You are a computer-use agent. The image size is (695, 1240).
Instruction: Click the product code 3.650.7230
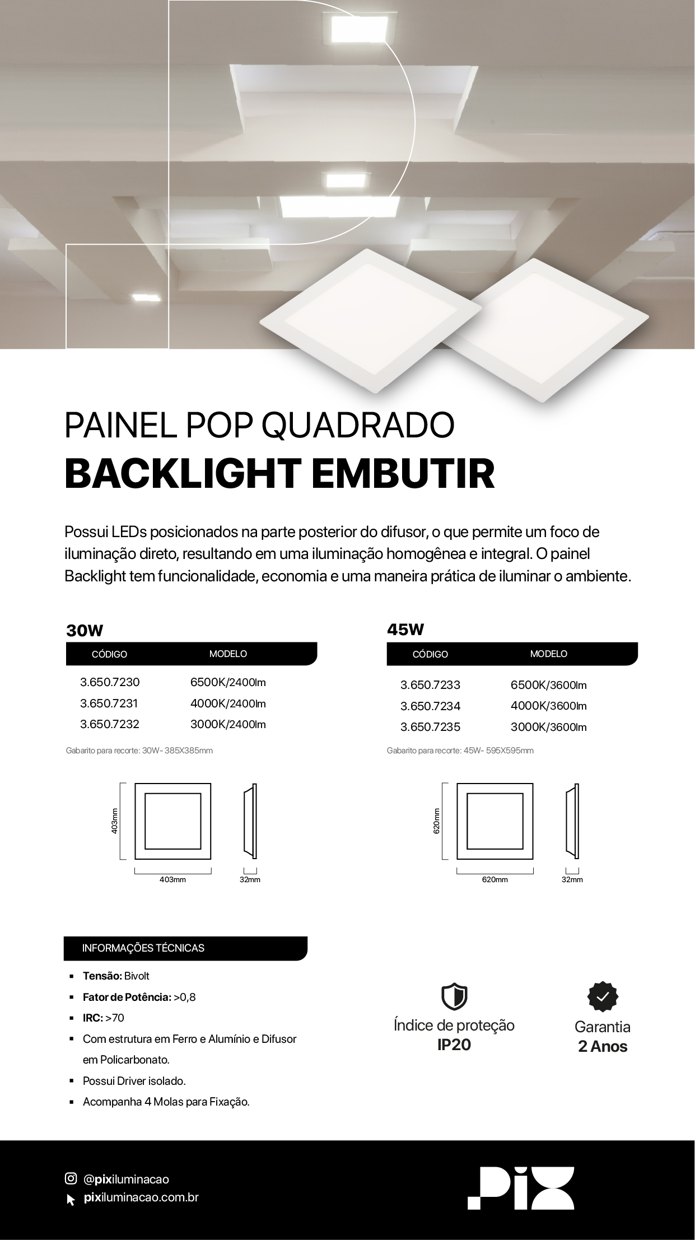pyautogui.click(x=110, y=682)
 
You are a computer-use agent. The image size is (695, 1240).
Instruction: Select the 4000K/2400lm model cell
pyautogui.click(x=228, y=703)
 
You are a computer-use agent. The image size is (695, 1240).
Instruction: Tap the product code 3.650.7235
pyautogui.click(x=430, y=727)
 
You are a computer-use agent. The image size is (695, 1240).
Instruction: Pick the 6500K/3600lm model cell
pyautogui.click(x=549, y=685)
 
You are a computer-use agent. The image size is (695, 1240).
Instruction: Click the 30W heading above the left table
pyautogui.click(x=85, y=631)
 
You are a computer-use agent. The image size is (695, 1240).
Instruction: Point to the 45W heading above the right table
pyautogui.click(x=405, y=630)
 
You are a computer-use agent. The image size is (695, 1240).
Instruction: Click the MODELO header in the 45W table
pyautogui.click(x=549, y=654)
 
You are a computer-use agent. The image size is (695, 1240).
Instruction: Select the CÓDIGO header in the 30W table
pyautogui.click(x=109, y=654)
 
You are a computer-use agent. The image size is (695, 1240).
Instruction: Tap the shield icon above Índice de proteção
pyautogui.click(x=454, y=996)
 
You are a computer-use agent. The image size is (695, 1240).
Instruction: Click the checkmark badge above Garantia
pyautogui.click(x=603, y=997)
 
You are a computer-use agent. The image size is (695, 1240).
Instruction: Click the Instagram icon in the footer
pyautogui.click(x=71, y=1178)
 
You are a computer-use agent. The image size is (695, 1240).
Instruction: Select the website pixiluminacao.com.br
pyautogui.click(x=141, y=1197)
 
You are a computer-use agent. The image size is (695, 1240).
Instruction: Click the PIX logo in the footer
pyautogui.click(x=521, y=1188)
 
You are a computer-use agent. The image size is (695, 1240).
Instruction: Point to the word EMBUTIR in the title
pyautogui.click(x=403, y=473)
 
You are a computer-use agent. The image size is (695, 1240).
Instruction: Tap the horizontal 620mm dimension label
pyautogui.click(x=495, y=880)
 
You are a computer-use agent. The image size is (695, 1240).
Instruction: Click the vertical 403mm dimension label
pyautogui.click(x=114, y=821)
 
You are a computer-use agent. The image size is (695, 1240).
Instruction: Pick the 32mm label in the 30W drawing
pyautogui.click(x=250, y=880)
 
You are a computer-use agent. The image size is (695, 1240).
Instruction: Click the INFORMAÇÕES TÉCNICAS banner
pyautogui.click(x=185, y=948)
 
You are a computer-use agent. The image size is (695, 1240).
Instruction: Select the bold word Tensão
pyautogui.click(x=102, y=976)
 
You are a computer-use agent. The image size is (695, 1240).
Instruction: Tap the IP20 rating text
pyautogui.click(x=454, y=1045)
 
